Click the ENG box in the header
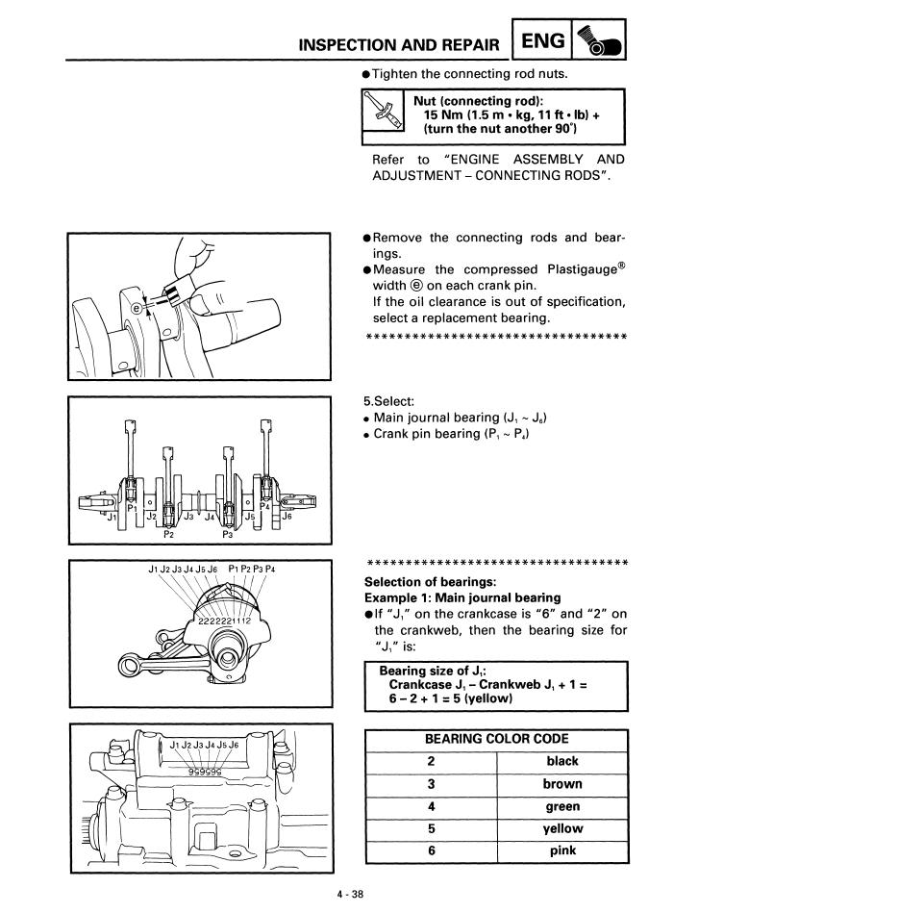click(543, 41)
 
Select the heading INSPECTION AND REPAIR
click(399, 45)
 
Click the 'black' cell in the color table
click(561, 761)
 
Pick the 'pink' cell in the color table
click(561, 850)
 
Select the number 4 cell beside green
click(432, 806)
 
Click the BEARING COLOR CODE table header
click(496, 739)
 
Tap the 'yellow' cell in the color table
click(561, 828)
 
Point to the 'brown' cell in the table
click(561, 784)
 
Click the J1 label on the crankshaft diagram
click(112, 517)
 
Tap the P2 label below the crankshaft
click(169, 535)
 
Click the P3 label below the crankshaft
click(228, 535)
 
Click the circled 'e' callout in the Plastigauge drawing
click(137, 308)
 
